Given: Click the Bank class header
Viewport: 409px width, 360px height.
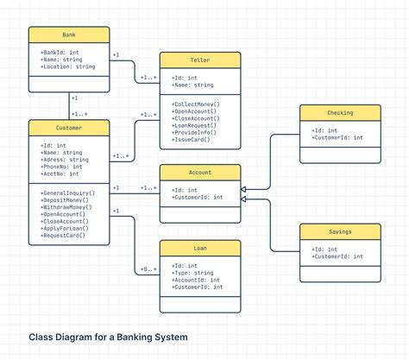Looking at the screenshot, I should point(69,35).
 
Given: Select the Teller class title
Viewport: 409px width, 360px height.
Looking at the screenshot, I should point(199,60).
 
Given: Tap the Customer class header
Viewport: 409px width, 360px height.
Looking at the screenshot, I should point(69,129).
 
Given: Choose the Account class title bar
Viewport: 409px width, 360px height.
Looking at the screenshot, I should point(199,173).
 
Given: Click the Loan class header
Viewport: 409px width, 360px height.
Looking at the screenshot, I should point(199,249).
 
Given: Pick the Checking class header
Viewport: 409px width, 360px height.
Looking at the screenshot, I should point(339,113).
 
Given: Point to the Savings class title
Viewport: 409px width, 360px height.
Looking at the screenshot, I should point(339,231).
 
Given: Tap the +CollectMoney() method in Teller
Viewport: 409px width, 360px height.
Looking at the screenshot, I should point(195,104).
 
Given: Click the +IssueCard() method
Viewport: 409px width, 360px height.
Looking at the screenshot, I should point(191,140).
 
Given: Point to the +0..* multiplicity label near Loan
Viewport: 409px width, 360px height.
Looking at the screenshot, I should point(148,269).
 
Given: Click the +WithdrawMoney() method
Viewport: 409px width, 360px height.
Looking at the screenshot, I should point(68,208).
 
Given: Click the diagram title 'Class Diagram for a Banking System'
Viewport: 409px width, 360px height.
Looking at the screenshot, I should point(108,337).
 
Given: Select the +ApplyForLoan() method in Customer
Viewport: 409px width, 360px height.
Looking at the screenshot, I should point(66,228).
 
